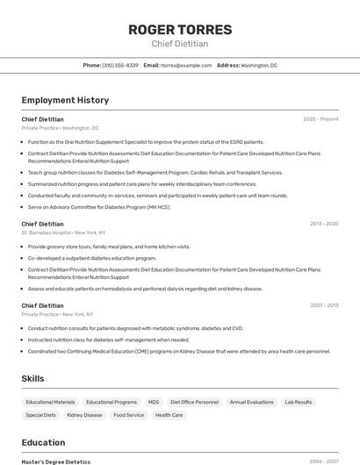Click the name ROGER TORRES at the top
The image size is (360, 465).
coord(180,30)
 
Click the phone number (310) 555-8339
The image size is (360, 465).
coord(120,65)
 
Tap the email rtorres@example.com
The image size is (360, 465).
coord(186,65)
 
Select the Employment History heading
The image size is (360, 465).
coord(65,100)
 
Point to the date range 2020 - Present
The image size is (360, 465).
coord(320,118)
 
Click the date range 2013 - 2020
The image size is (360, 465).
coord(324,224)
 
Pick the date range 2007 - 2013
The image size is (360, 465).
coord(324,305)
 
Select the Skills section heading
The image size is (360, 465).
coord(33,378)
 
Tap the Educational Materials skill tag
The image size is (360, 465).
coord(50,402)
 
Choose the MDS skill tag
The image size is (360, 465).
coord(154,402)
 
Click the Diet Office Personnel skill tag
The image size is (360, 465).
coord(195,402)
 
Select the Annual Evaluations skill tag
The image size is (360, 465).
coord(252,402)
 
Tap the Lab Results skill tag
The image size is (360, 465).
coord(299,402)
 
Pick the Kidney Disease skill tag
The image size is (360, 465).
coord(84,415)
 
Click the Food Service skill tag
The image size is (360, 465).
coord(129,415)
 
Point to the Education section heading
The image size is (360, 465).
coord(43,442)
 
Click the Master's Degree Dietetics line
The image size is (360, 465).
coord(56,461)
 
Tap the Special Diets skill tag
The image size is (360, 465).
coord(40,415)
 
